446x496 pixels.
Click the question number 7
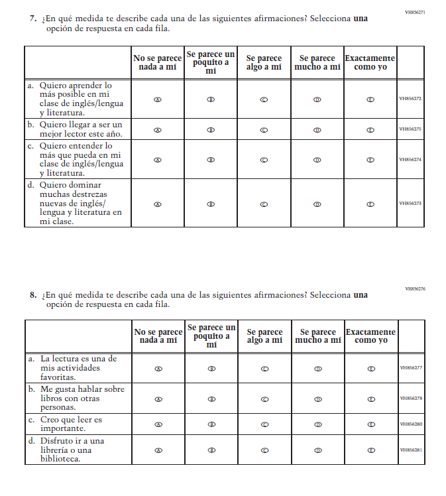tap(32, 19)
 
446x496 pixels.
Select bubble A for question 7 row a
tap(158, 99)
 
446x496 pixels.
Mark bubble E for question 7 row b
tap(370, 129)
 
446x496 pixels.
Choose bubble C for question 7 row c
tap(264, 160)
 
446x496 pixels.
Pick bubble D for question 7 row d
tap(317, 204)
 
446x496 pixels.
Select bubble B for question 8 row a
tap(211, 368)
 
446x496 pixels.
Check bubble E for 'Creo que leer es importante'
tap(371, 424)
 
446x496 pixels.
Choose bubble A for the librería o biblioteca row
tap(158, 450)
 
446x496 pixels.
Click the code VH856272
tap(410, 99)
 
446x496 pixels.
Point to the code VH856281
tap(411, 450)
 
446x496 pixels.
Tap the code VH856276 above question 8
tap(415, 289)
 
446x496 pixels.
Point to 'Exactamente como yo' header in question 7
tap(370, 63)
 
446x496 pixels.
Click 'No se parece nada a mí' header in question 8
tap(158, 336)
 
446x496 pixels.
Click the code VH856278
tap(411, 399)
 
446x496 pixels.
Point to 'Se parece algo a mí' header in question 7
tap(264, 63)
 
